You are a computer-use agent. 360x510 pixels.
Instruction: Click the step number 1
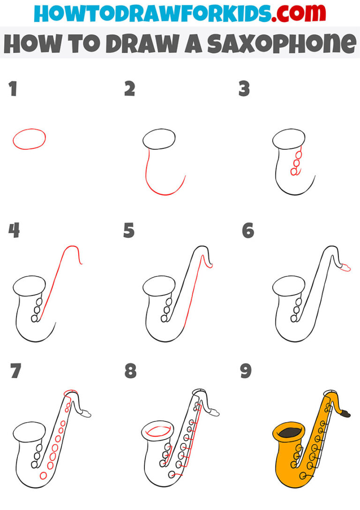[x=13, y=89]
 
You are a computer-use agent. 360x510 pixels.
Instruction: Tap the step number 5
[x=129, y=230]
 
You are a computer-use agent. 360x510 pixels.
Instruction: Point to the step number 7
[x=15, y=372]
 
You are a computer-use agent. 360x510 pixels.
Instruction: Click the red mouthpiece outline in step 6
[x=345, y=267]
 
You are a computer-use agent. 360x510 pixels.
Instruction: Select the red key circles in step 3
[x=296, y=162]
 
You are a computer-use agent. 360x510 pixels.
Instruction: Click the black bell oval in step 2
[x=159, y=139]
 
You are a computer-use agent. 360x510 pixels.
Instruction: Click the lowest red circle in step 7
[x=44, y=475]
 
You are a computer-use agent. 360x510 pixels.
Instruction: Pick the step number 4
[x=14, y=230]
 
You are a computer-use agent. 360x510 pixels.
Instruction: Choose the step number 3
[x=244, y=89]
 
